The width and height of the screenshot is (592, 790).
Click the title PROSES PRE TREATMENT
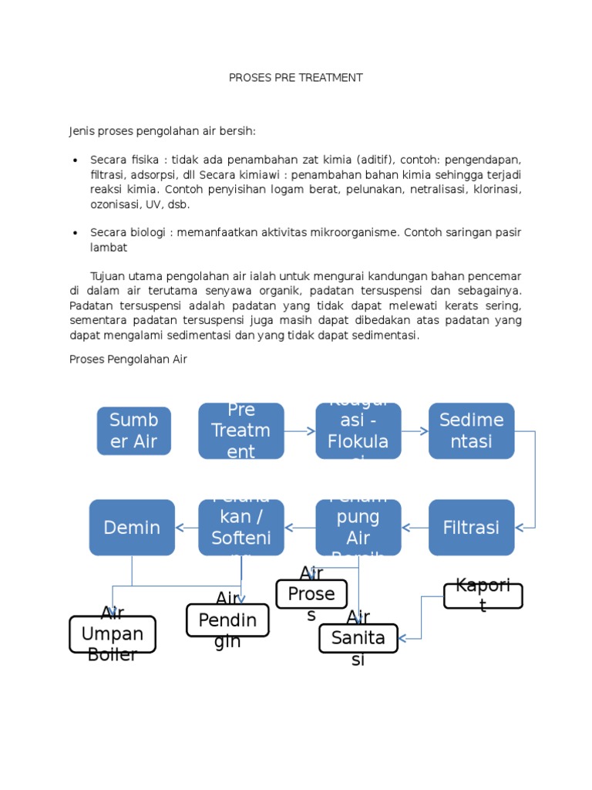pos(296,78)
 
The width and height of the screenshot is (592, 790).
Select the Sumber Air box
pos(134,430)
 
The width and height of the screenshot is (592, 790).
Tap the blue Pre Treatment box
pos(241,430)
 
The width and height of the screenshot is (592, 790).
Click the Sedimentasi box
pos(472,430)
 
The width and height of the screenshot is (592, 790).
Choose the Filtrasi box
pos(472,528)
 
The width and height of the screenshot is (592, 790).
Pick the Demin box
pos(132,528)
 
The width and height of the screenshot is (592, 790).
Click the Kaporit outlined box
pos(483,596)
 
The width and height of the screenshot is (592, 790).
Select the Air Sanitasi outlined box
pos(358,638)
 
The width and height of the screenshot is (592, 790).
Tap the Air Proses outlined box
pos(311,594)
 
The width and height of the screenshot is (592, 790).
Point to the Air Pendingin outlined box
pos(228,620)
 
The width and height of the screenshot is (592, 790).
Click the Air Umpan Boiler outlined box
pos(113,634)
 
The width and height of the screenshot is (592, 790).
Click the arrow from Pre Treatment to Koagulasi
pos(300,430)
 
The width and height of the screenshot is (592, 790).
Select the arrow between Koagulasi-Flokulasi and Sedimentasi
pos(415,430)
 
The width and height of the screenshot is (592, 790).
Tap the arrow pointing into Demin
pos(187,528)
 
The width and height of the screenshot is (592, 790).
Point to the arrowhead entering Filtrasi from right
pos(521,528)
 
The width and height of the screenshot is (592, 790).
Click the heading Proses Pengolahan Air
pos(128,360)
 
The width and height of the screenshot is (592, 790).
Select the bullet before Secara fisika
pos(75,160)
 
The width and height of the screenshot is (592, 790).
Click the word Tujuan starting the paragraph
pos(109,276)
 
